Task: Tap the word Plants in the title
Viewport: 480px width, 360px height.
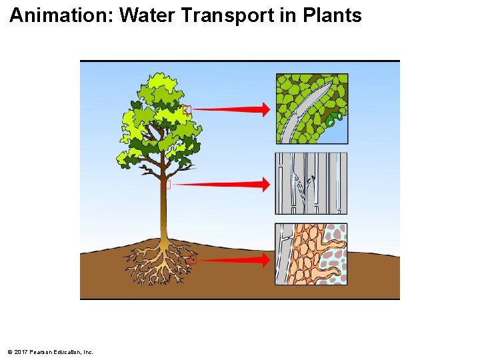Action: pos(332,15)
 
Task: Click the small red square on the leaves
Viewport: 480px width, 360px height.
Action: pos(187,109)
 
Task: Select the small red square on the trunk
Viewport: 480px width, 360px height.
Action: pos(167,184)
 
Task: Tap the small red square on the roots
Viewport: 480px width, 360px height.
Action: pos(193,260)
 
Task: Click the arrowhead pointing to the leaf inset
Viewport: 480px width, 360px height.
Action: pos(265,109)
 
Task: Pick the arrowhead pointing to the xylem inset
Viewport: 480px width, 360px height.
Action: pos(265,184)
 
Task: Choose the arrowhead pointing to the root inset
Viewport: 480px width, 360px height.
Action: pos(265,260)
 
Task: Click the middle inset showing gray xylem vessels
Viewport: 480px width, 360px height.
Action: pos(311,183)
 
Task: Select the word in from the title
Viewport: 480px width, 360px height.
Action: pos(288,15)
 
